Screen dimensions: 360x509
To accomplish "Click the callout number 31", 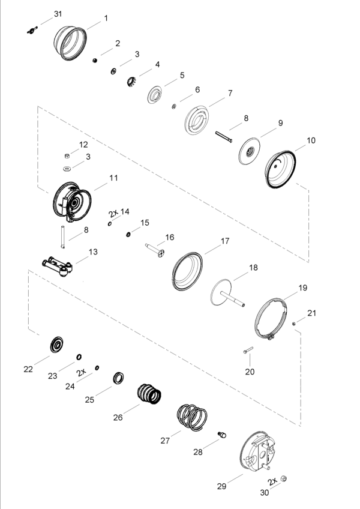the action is tap(58, 14).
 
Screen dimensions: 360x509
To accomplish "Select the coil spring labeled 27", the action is tap(192, 417).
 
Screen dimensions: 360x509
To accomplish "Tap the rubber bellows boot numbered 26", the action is tap(149, 394).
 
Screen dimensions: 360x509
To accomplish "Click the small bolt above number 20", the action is tap(248, 351).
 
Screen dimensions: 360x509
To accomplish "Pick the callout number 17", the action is tap(225, 241).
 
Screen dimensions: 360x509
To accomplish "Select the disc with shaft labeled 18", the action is tap(227, 294).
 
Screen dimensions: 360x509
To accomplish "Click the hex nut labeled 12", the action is tap(67, 156).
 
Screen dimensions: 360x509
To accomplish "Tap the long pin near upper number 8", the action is tap(224, 137).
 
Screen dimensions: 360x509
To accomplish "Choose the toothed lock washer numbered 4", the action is tap(131, 82).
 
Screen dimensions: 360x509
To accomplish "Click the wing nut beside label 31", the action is tap(32, 31).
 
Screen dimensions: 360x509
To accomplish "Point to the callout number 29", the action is tap(221, 486).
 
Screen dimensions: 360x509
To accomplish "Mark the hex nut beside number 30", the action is tap(283, 478).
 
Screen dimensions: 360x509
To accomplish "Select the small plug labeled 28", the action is tap(222, 435).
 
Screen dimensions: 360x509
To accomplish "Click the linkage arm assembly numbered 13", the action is tap(58, 266).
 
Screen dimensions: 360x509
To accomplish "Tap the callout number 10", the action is tap(311, 140).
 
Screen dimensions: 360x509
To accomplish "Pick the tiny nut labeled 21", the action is tap(294, 324).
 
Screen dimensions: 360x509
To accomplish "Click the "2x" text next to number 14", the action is tap(113, 213).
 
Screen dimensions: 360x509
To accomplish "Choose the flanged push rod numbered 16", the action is tap(155, 250).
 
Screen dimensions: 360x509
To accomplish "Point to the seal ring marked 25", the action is tap(118, 378).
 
